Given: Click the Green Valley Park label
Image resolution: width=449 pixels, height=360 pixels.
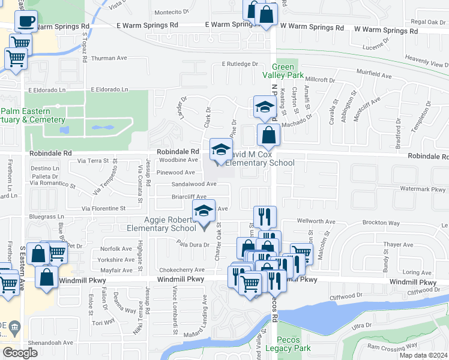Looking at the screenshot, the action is tap(283, 71).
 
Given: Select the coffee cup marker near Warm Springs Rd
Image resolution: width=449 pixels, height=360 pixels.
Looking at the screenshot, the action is tap(26, 22).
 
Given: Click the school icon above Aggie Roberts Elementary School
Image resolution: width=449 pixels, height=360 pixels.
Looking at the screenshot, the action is tap(203, 211).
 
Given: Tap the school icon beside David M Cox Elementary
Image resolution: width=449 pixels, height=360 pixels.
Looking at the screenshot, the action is tap(220, 149).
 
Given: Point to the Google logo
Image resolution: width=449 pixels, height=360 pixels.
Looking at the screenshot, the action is tap(20, 353).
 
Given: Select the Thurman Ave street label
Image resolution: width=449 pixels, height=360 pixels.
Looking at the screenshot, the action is tap(109, 59).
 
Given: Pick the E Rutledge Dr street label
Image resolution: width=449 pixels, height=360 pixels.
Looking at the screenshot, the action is tap(240, 64).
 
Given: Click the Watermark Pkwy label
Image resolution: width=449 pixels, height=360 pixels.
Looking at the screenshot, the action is tap(423, 189).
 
